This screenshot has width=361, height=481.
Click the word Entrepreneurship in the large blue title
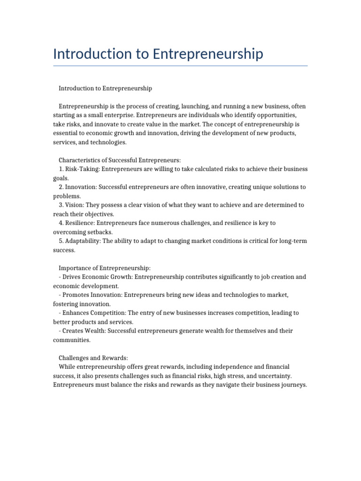tap(208, 54)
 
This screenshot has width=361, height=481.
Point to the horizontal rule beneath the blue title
tap(180, 66)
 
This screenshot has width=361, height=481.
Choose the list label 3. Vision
tap(71, 205)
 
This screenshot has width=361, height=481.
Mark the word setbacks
tap(98, 232)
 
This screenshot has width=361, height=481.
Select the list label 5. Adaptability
tap(79, 241)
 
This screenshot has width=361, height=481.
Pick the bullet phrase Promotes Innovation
tap(92, 295)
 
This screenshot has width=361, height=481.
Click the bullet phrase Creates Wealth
tap(84, 331)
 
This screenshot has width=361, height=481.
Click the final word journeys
tap(292, 385)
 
